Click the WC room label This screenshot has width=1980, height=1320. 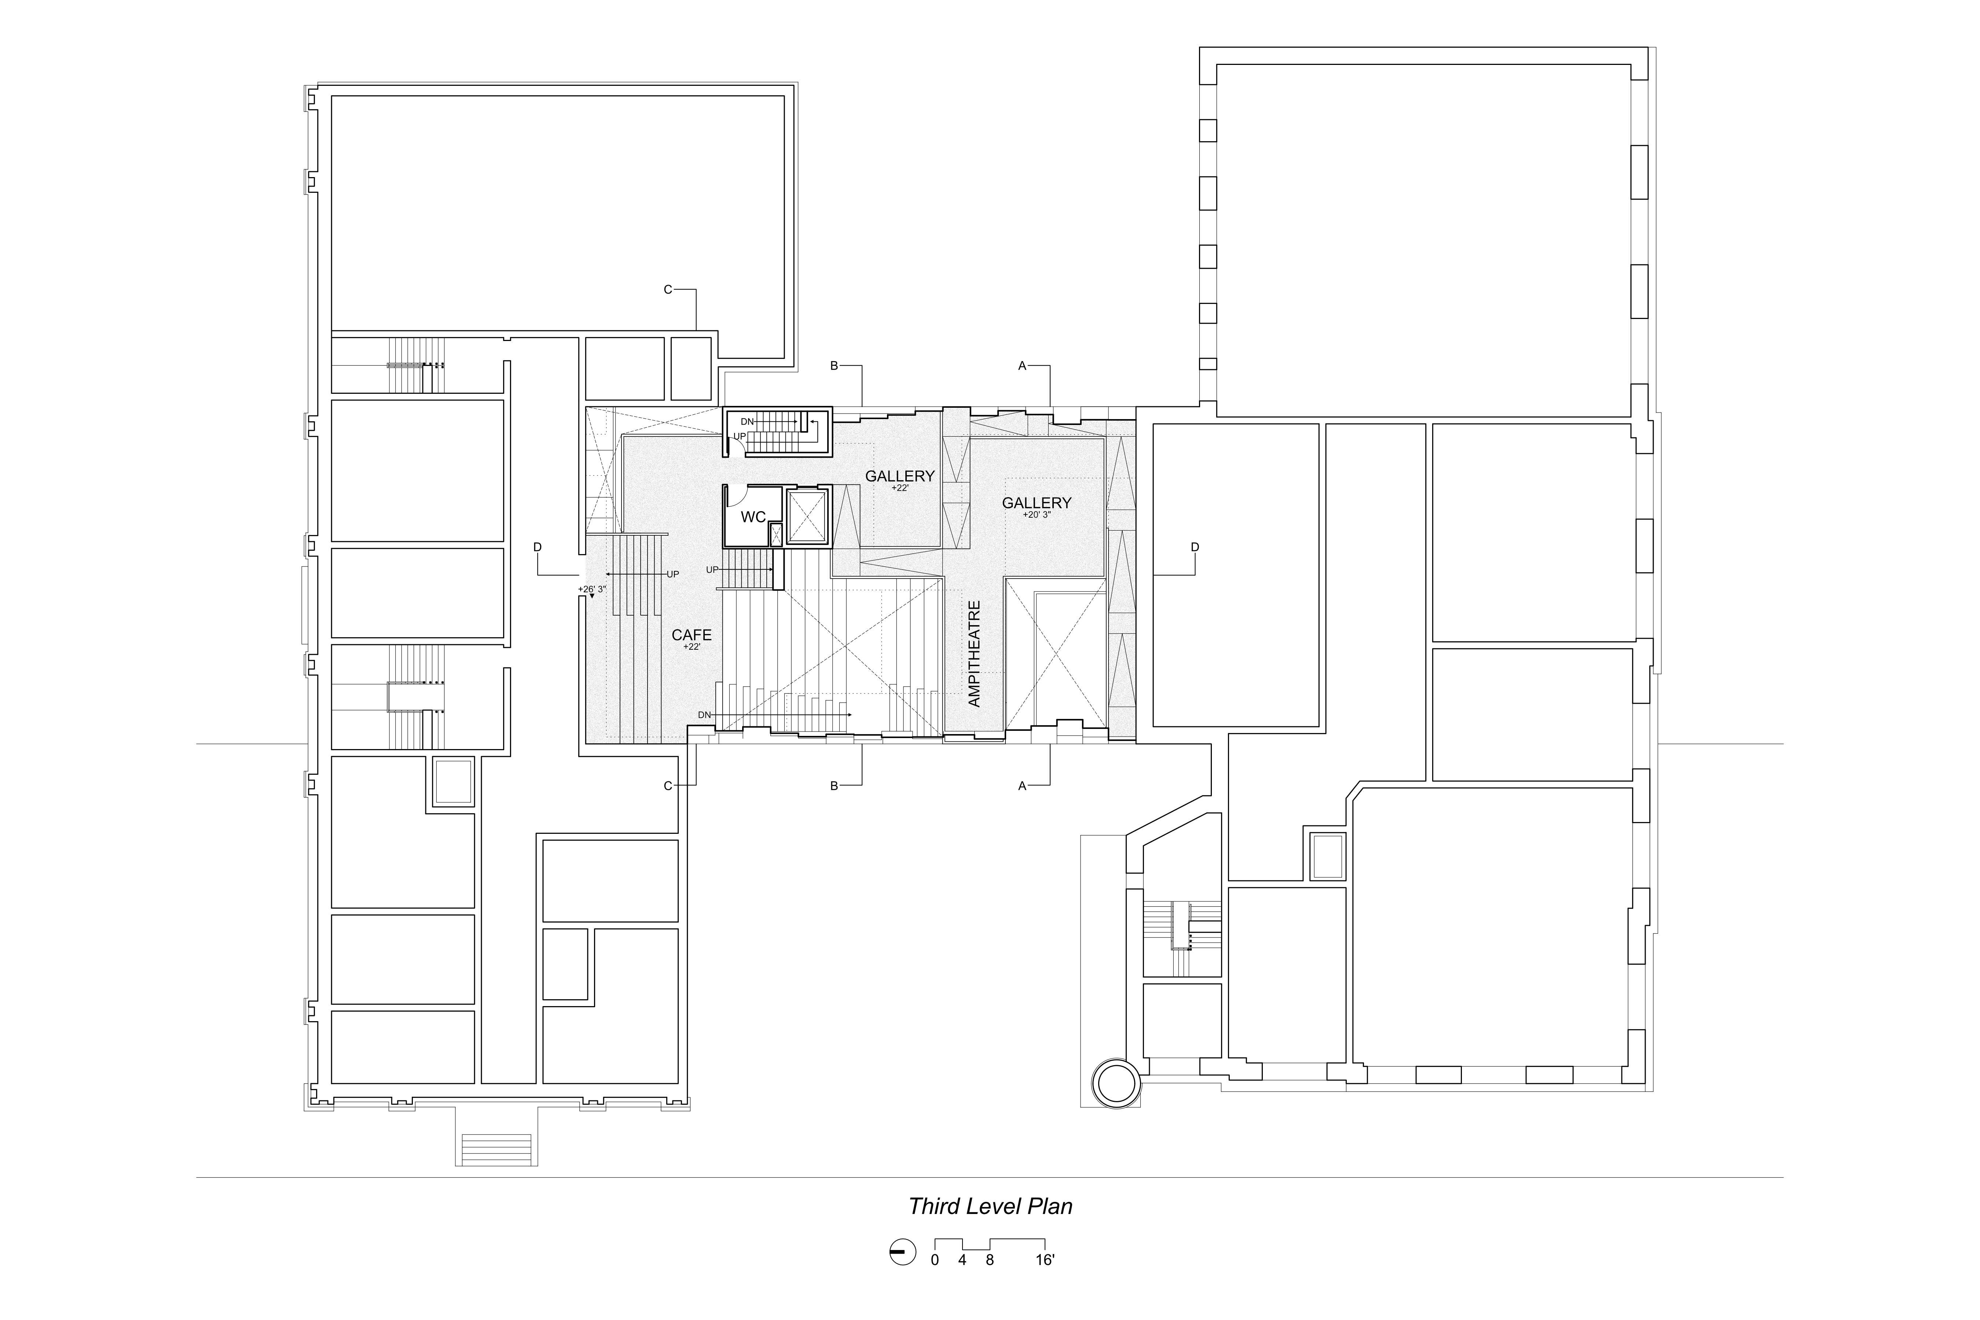(x=753, y=517)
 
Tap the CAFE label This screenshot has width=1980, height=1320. (x=691, y=635)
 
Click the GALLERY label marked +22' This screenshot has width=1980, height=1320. (x=900, y=476)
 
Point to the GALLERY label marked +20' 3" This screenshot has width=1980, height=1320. (x=1036, y=503)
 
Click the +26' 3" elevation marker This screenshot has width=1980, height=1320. (x=592, y=589)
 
